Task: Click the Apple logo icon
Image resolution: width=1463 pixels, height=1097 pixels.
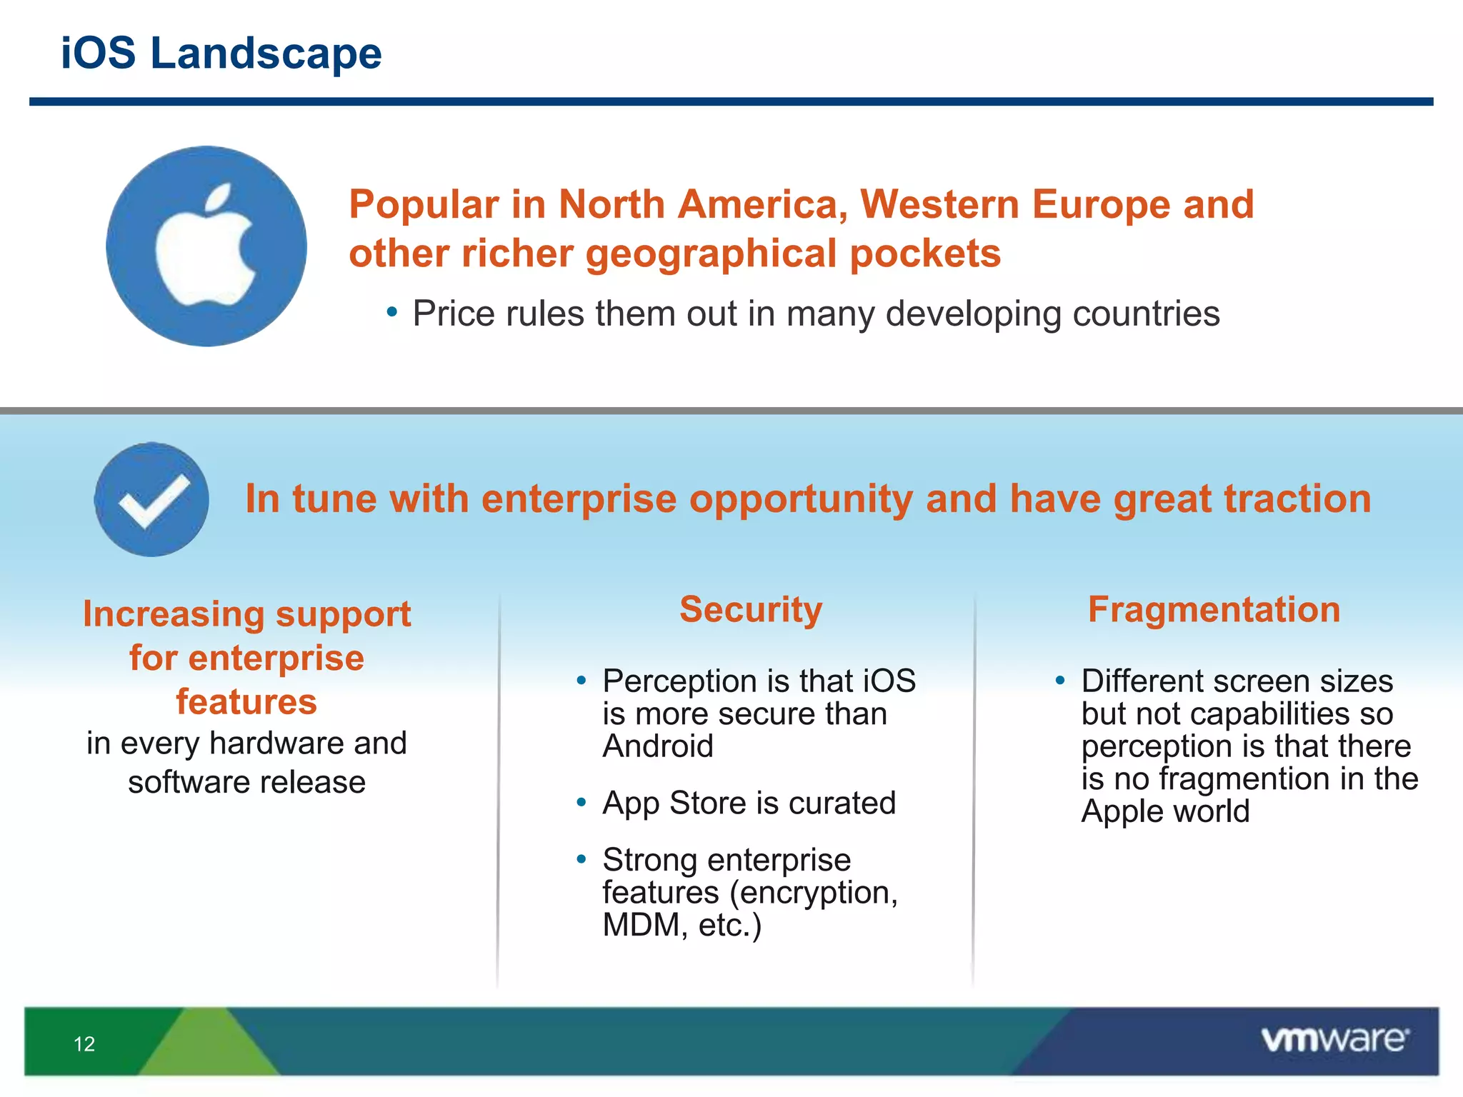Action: (x=206, y=246)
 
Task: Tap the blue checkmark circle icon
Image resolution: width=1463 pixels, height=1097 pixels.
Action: (x=151, y=499)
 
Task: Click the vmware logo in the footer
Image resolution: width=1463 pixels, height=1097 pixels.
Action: (x=1334, y=1040)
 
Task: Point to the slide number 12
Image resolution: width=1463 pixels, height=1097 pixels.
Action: (x=84, y=1044)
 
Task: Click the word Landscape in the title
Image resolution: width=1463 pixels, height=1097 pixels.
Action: (x=266, y=54)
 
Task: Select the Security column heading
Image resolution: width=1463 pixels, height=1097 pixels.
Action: (x=751, y=610)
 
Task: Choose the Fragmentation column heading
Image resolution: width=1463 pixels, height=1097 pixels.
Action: (x=1214, y=610)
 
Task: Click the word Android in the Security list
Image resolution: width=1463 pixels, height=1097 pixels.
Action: (x=658, y=746)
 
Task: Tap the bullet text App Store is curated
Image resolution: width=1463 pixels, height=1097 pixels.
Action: (x=749, y=803)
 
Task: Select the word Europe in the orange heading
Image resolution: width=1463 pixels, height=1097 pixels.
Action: (x=1101, y=205)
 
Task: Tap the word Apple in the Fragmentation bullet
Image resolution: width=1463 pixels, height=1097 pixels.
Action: (x=1121, y=812)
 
